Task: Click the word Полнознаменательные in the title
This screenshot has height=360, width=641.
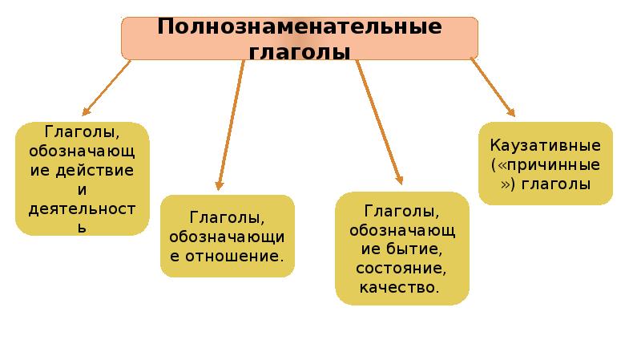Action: pyautogui.click(x=300, y=26)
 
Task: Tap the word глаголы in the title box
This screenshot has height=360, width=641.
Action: pyautogui.click(x=300, y=52)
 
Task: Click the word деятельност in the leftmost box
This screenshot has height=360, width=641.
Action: pyautogui.click(x=81, y=209)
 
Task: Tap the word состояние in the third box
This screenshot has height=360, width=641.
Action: pyautogui.click(x=401, y=268)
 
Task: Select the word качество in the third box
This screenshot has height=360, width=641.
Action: pyautogui.click(x=401, y=286)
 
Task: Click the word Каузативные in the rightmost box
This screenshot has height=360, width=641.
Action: pyautogui.click(x=546, y=148)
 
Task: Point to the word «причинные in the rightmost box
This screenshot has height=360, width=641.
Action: pyautogui.click(x=546, y=166)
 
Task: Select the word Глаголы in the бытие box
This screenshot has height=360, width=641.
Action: pyautogui.click(x=401, y=211)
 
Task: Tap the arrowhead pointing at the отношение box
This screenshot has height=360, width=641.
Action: pyautogui.click(x=218, y=186)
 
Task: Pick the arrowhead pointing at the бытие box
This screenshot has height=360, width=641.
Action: pyautogui.click(x=398, y=182)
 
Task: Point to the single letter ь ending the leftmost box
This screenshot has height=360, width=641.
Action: pyautogui.click(x=81, y=227)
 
